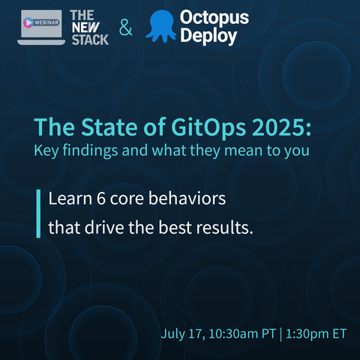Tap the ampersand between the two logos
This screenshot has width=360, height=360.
tap(125, 27)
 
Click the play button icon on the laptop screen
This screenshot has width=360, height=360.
tap(28, 22)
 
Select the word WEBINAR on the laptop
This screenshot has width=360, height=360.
tap(46, 22)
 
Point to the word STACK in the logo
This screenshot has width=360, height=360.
tap(90, 40)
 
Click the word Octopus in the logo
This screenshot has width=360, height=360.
tap(214, 18)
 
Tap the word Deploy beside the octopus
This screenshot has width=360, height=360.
tap(208, 36)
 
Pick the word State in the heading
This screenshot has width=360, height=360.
tap(109, 127)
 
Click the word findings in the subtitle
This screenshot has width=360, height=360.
tap(90, 151)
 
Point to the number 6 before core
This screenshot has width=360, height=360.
tap(101, 199)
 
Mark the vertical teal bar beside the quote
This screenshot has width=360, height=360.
tap(38, 214)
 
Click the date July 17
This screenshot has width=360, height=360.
tap(183, 334)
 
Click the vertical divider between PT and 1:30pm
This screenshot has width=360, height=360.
tap(280, 334)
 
